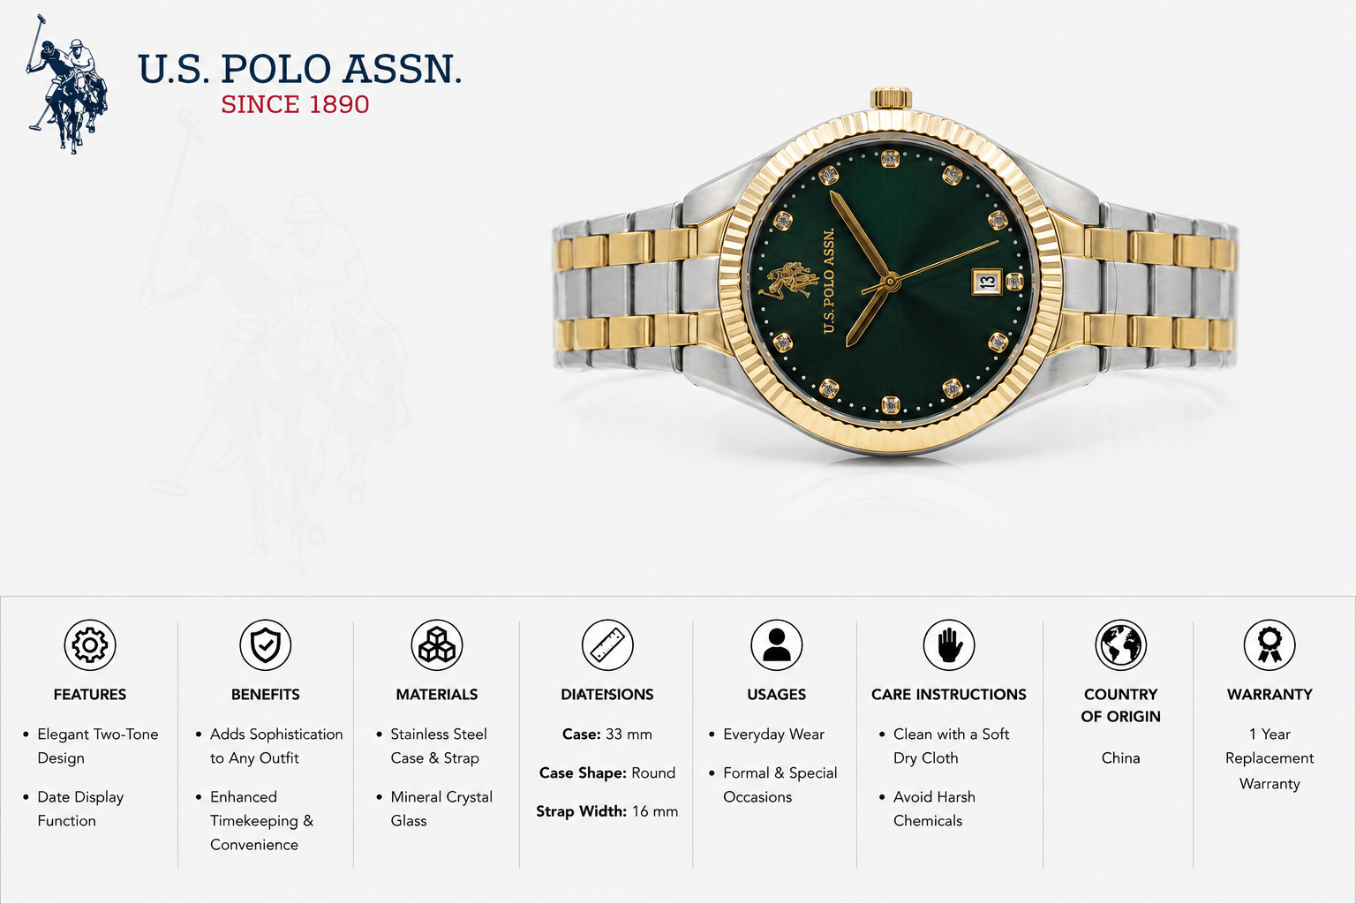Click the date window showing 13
click(x=987, y=282)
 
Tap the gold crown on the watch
click(x=891, y=98)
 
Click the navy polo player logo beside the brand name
click(x=66, y=84)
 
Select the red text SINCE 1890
click(x=295, y=104)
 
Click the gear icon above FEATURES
click(x=89, y=644)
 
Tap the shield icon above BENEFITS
click(x=265, y=644)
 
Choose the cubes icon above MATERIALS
click(x=436, y=644)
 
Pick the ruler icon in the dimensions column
click(x=607, y=644)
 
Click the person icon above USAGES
click(x=777, y=644)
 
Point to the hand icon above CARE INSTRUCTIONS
click(x=949, y=644)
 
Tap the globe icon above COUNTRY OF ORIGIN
click(x=1120, y=644)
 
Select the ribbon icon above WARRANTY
click(x=1269, y=644)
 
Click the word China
click(x=1120, y=758)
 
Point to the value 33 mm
click(x=629, y=734)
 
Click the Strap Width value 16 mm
click(x=655, y=811)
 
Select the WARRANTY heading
click(x=1269, y=695)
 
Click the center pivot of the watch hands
click(x=891, y=282)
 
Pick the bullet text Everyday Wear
click(x=773, y=735)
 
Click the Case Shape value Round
click(x=653, y=773)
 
